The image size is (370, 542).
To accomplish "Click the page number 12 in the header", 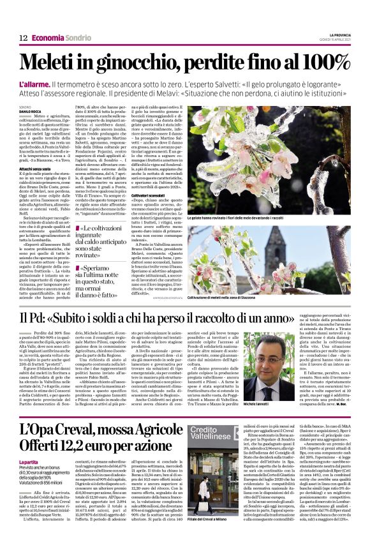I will [23, 38].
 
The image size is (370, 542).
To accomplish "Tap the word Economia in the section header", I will [47, 38].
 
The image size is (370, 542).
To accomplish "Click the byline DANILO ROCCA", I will [31, 112].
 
